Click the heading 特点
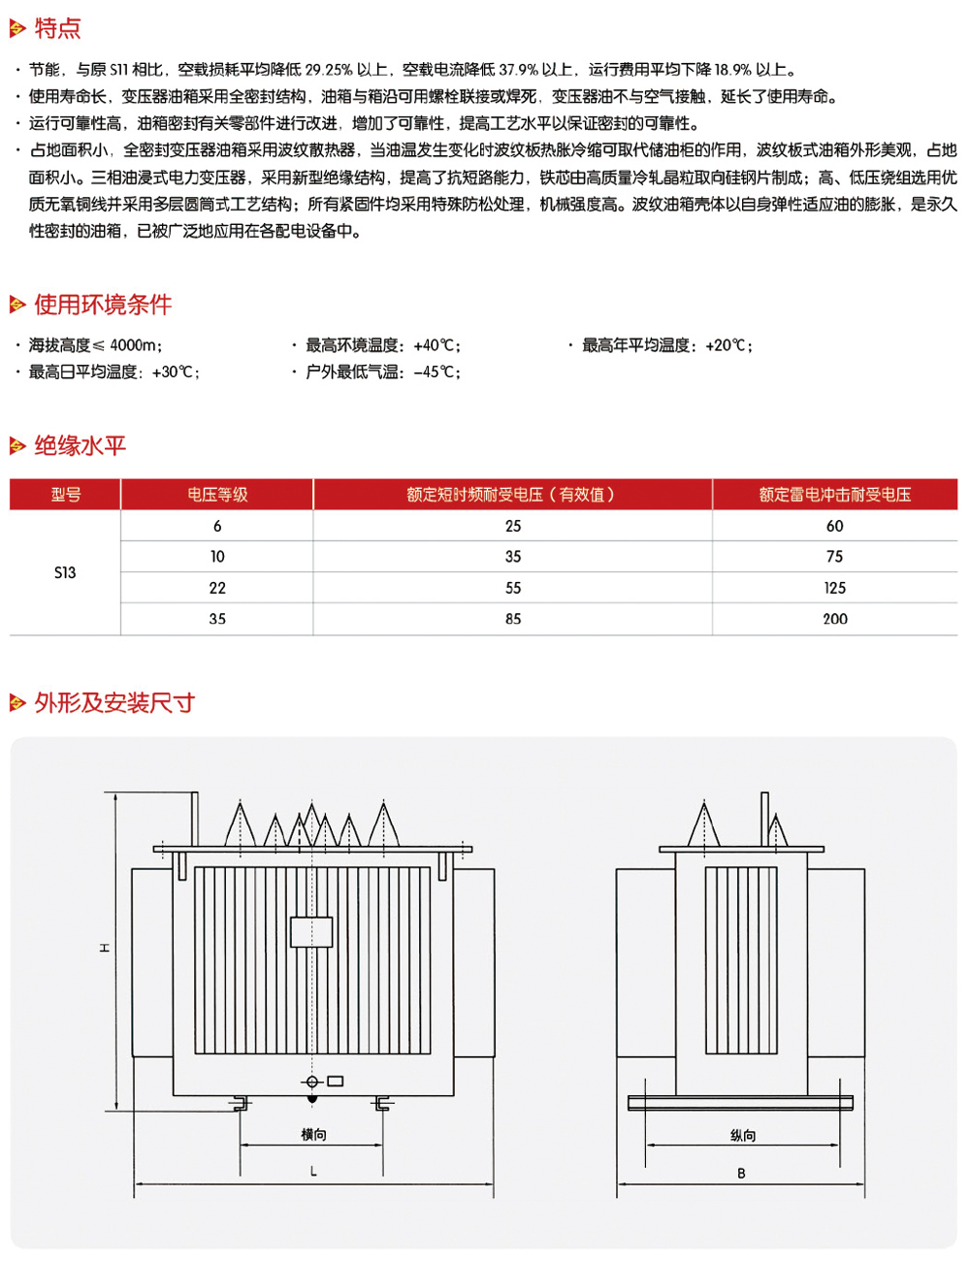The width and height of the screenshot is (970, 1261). pos(57,29)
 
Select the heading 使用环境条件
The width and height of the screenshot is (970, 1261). pos(103,305)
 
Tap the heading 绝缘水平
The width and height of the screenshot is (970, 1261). pos(81,446)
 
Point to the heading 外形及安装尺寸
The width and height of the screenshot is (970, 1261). pos(114,703)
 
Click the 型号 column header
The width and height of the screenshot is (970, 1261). pos(66,495)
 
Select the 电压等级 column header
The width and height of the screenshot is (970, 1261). pos(217,495)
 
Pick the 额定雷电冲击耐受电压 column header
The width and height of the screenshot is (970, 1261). pos(834,495)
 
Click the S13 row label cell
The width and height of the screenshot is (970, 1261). pos(65,572)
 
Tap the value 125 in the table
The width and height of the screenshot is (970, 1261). pos(834,588)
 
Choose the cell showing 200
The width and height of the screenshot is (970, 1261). pos(834,619)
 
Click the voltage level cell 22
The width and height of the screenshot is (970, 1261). pos(217,588)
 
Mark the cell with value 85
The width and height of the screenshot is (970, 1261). pos(513,619)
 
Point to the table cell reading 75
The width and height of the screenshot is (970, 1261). pos(834,557)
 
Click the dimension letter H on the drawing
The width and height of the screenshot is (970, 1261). pos(105,949)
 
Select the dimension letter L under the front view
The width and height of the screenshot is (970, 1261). pos(313,1172)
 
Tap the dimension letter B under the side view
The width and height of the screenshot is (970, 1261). pos(741,1173)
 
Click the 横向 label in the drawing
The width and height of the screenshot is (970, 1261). pos(313,1134)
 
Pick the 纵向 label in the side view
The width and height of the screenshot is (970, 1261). pos(743,1135)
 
